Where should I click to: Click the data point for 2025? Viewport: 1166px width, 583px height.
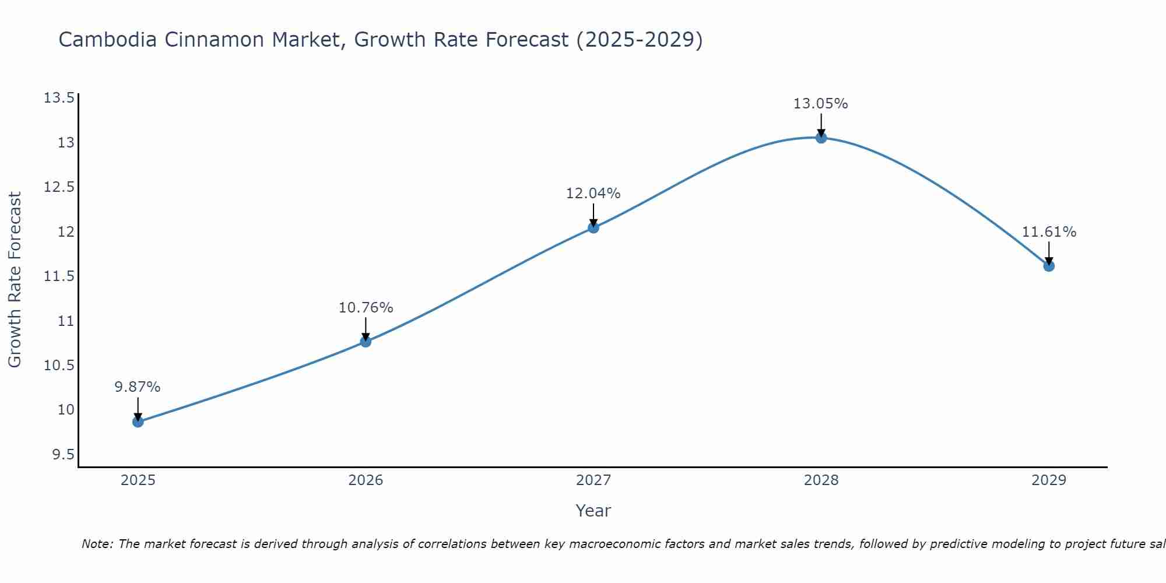[138, 422]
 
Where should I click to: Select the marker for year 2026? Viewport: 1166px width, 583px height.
[366, 342]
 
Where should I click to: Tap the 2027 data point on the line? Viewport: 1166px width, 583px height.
[593, 227]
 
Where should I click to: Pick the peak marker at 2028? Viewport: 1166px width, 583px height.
[821, 138]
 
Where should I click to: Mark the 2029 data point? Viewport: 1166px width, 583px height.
[1049, 266]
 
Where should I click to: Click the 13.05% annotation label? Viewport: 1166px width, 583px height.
[821, 104]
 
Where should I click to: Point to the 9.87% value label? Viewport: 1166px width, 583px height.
[138, 387]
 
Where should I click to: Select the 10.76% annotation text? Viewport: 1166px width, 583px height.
[366, 308]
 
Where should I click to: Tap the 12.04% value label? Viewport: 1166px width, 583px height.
[593, 194]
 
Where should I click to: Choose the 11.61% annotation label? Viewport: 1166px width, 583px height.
[1049, 232]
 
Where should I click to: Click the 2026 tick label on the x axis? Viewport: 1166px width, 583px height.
[366, 480]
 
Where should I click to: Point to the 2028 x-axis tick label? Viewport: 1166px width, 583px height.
[821, 480]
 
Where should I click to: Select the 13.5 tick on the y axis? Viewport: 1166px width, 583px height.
[59, 97]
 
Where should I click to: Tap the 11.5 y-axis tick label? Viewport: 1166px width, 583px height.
[59, 276]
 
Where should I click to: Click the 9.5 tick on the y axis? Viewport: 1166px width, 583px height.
[64, 454]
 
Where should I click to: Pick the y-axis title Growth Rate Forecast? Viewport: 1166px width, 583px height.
[15, 280]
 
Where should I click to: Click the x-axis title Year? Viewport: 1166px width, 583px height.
[593, 511]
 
